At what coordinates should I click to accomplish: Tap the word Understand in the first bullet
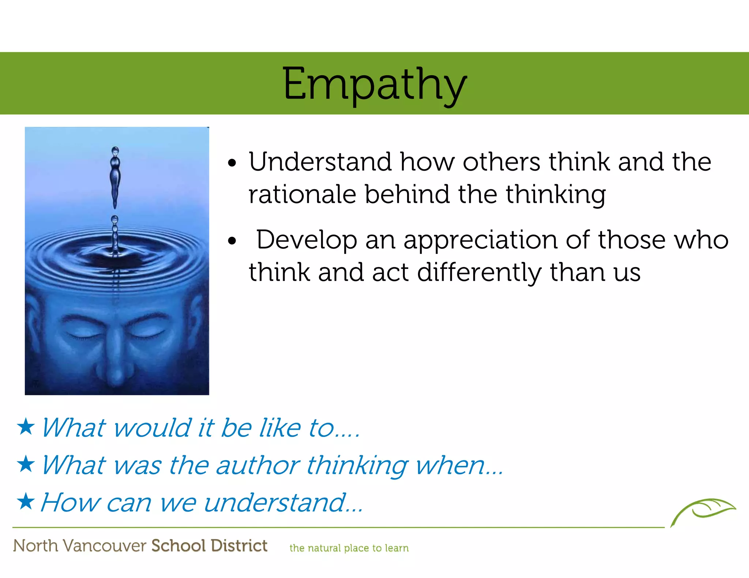320,162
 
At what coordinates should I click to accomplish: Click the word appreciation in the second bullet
480,240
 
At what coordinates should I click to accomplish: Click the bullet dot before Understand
232,163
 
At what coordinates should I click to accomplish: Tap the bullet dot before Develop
232,241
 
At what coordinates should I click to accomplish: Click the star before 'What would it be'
26,427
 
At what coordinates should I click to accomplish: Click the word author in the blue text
258,465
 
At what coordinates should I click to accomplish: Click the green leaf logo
703,510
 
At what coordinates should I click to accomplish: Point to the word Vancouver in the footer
105,546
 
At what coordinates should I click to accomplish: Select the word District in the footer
239,545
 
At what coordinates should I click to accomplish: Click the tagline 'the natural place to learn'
349,548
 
